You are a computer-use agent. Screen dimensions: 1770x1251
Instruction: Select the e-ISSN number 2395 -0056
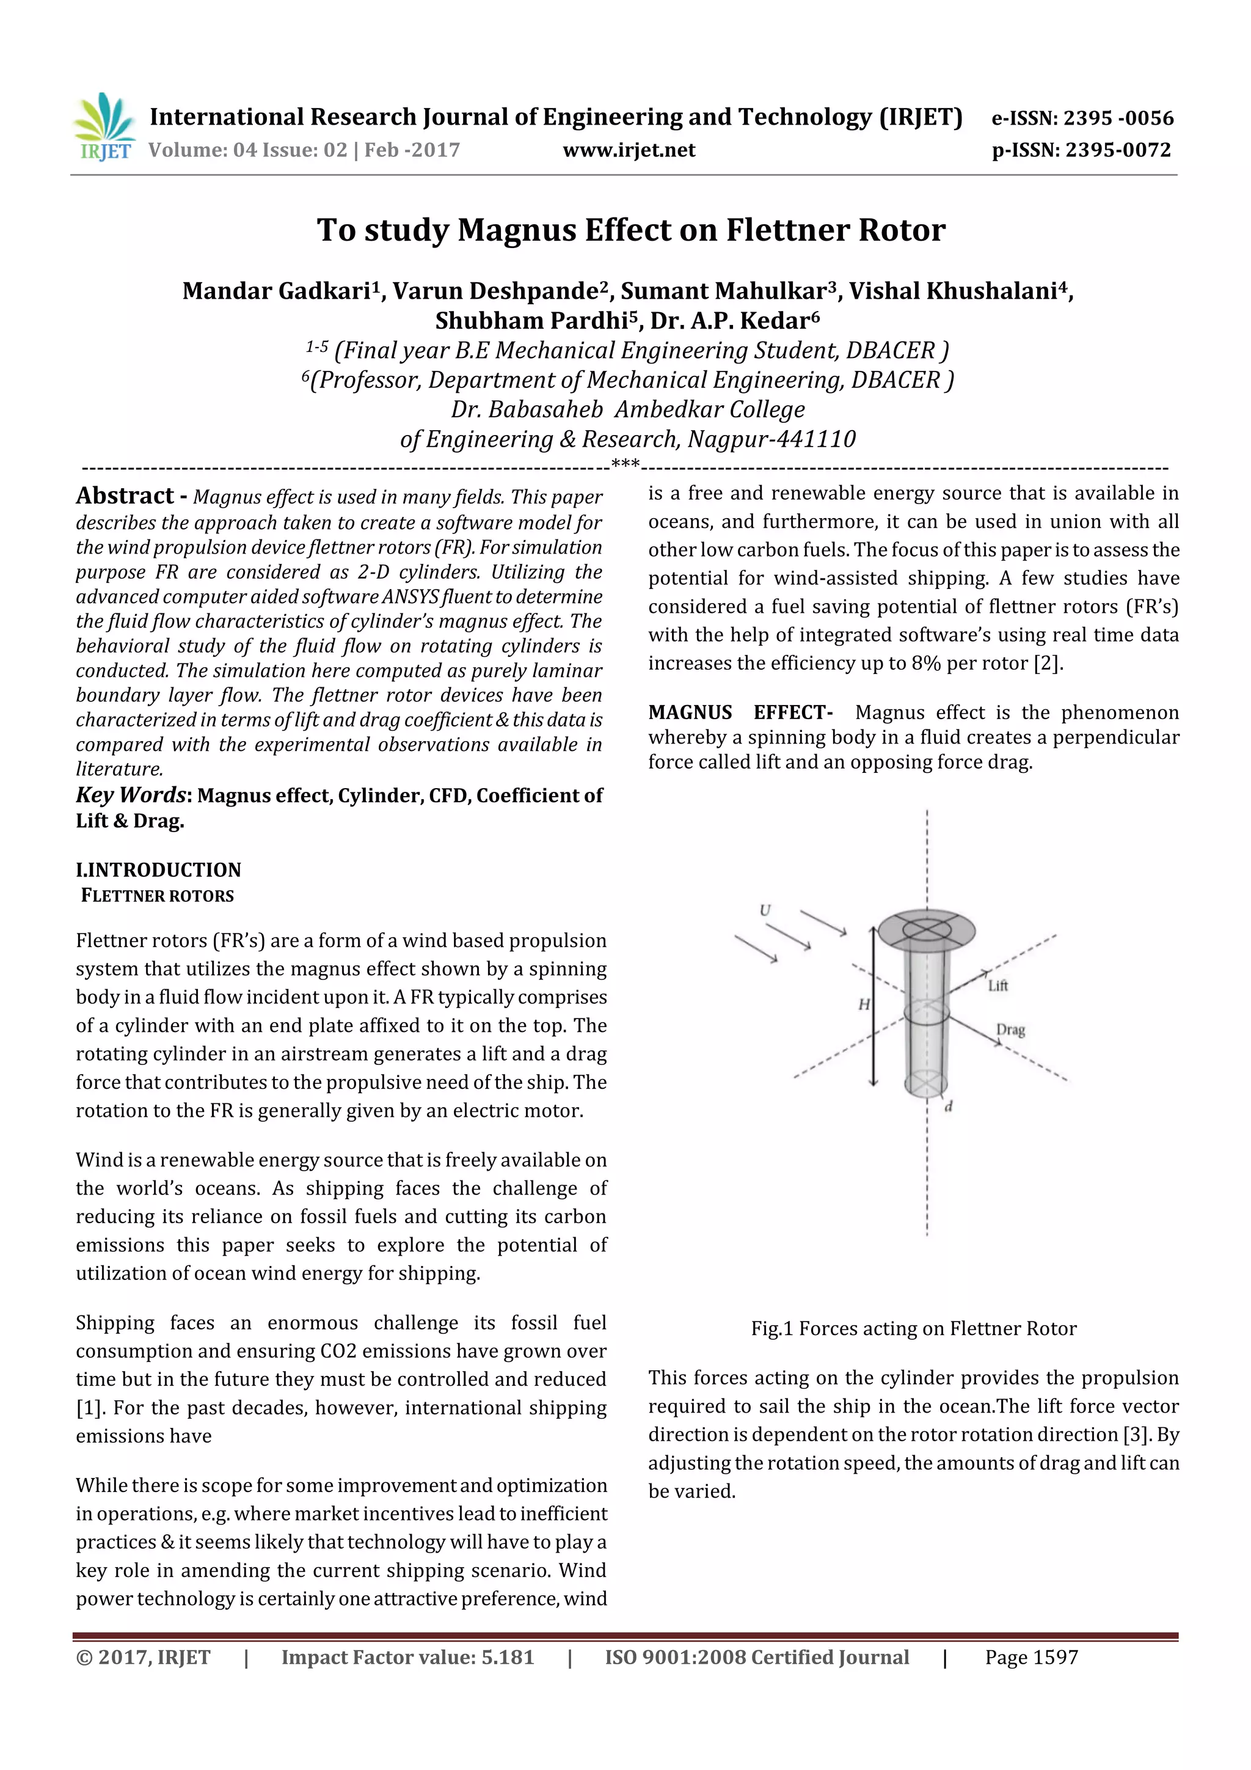pyautogui.click(x=1118, y=118)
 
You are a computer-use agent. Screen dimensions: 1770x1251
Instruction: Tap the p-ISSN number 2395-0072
pyautogui.click(x=1118, y=150)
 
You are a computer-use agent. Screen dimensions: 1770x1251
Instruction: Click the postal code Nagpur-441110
pyautogui.click(x=771, y=439)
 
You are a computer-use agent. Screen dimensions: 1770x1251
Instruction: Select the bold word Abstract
pyautogui.click(x=125, y=496)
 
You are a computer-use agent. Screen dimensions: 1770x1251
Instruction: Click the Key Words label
pyautogui.click(x=130, y=795)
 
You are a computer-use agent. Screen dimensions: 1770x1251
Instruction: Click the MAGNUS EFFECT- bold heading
pyautogui.click(x=740, y=712)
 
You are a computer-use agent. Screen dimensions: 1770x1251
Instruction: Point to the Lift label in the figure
pyautogui.click(x=998, y=986)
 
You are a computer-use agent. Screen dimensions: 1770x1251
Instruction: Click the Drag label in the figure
pyautogui.click(x=1010, y=1030)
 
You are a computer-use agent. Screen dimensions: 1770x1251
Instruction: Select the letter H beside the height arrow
pyautogui.click(x=864, y=1004)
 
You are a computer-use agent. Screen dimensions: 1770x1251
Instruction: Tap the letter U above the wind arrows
pyautogui.click(x=765, y=910)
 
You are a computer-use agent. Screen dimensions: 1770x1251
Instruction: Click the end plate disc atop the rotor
pyautogui.click(x=927, y=929)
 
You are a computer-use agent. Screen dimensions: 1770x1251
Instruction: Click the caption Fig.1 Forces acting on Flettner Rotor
pyautogui.click(x=913, y=1328)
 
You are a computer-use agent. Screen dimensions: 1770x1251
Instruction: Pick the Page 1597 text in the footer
pyautogui.click(x=1030, y=1658)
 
